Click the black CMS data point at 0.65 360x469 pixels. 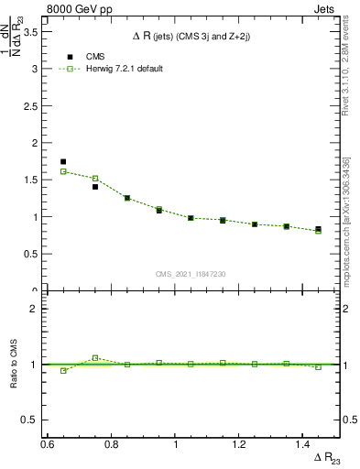(x=63, y=161)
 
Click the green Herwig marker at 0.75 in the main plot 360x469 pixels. (x=95, y=178)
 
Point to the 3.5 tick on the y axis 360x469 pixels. (x=36, y=31)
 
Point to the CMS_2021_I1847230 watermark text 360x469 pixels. (x=191, y=274)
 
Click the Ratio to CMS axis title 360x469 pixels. (x=15, y=364)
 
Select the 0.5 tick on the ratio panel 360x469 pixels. (x=36, y=420)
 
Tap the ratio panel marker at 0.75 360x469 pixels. (x=95, y=357)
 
